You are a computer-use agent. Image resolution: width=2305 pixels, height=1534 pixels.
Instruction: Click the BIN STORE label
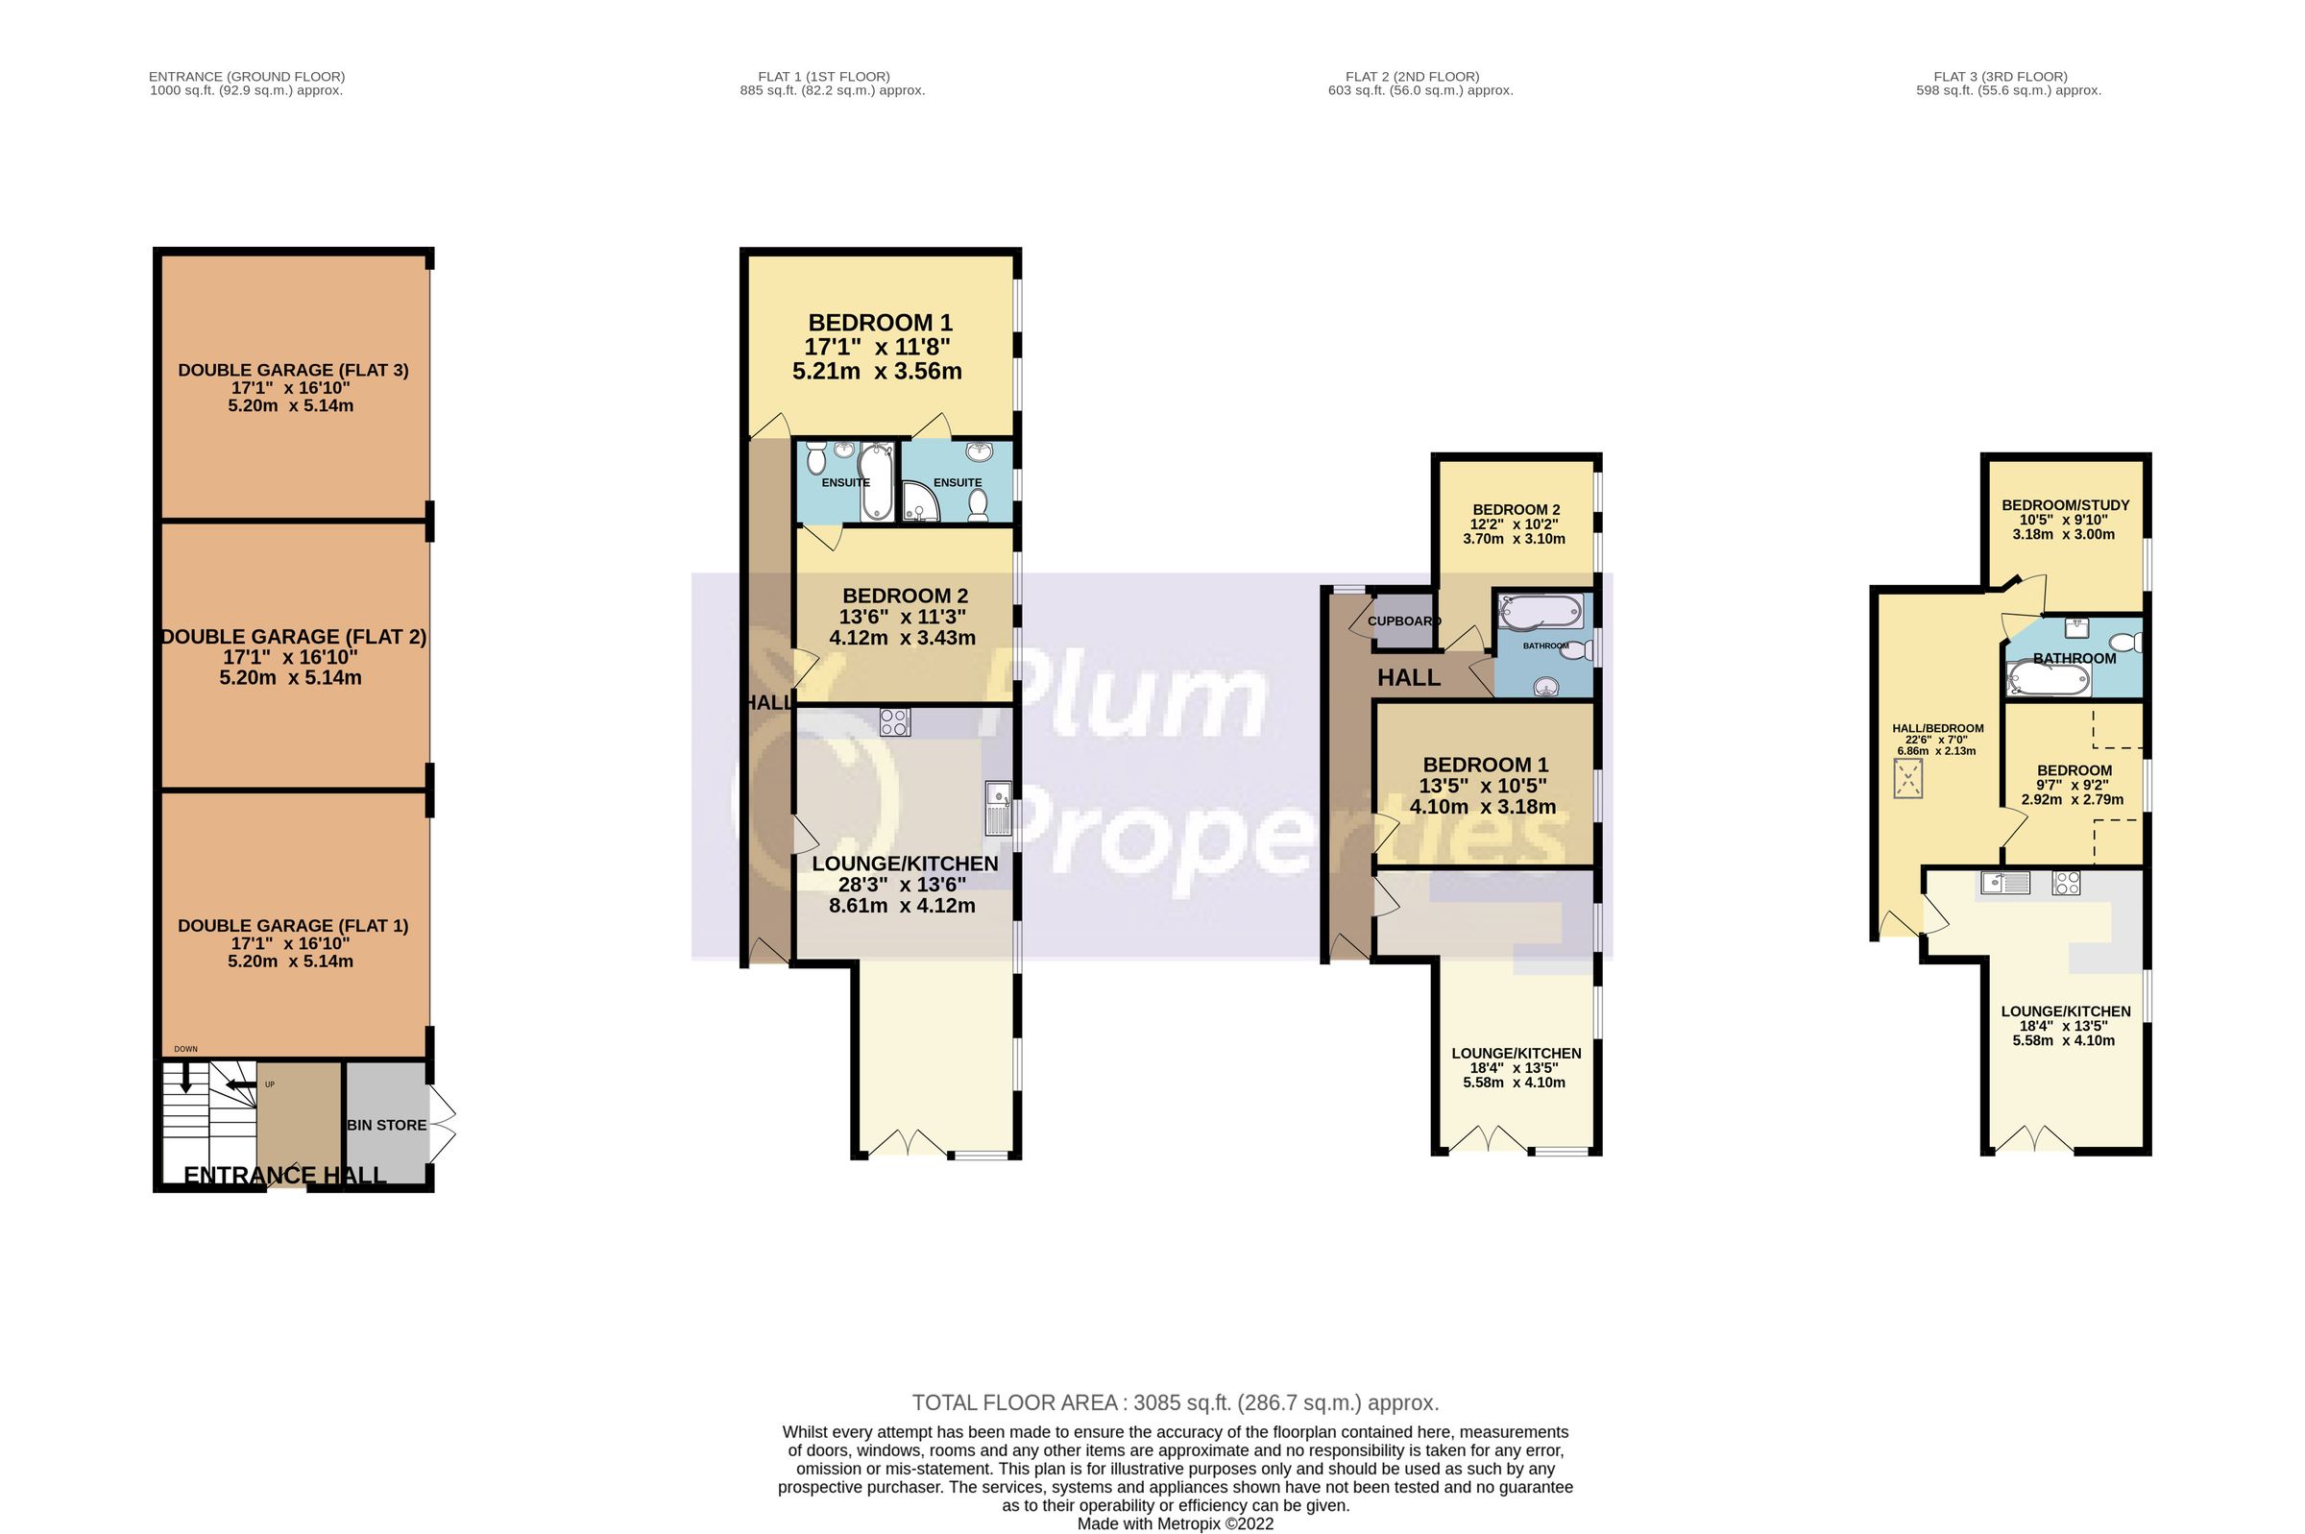pos(386,1125)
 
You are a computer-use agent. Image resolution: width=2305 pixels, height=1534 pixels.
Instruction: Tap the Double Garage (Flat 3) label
pos(292,370)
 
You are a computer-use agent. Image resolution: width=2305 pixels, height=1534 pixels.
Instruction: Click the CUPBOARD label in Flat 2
pos(1403,621)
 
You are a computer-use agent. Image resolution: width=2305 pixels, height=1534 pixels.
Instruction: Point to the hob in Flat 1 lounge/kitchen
pos(894,722)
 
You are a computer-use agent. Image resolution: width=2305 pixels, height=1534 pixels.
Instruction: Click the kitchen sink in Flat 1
pos(998,808)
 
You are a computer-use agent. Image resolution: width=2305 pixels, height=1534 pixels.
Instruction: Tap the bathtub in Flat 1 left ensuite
pos(875,481)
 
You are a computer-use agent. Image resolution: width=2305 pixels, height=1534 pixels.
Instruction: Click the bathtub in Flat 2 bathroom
pos(1541,613)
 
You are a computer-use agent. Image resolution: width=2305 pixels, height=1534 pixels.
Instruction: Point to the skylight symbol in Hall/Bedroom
pos(1907,780)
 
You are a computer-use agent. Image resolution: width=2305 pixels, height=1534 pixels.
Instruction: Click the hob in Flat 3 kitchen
pos(2066,884)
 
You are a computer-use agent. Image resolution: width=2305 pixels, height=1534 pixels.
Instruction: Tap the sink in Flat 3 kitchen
pos(2004,883)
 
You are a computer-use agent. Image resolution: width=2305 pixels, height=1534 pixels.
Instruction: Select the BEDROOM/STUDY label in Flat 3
pos(2065,506)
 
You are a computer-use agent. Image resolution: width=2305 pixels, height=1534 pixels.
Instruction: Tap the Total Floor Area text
pos(1175,1403)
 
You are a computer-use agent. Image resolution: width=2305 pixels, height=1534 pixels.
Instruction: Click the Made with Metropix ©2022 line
pos(1175,1523)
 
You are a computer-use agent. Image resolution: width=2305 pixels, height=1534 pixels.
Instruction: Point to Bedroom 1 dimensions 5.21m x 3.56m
pos(876,372)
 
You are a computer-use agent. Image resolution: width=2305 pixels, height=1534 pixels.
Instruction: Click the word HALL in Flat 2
pos(1408,677)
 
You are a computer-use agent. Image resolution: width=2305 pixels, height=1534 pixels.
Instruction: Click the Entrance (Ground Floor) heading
pos(247,76)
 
